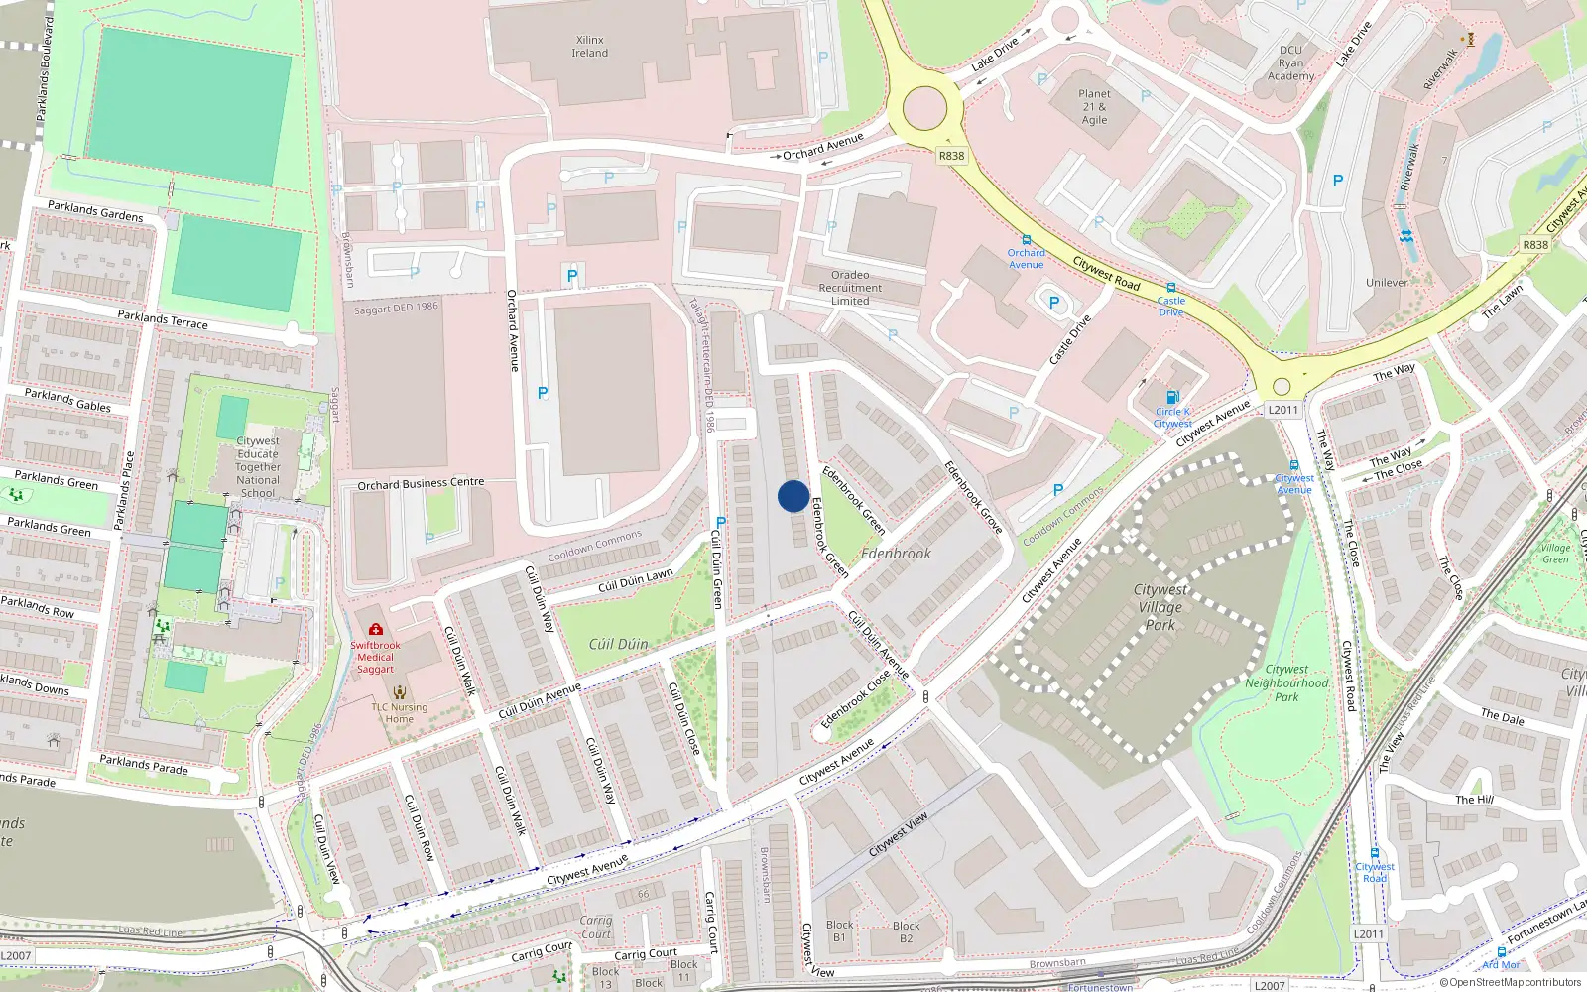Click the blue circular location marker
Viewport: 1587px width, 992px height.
[x=793, y=496]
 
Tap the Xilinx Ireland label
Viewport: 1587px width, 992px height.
[x=589, y=47]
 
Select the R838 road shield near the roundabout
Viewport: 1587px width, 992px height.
[x=951, y=156]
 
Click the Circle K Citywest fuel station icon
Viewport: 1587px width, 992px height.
[x=1172, y=397]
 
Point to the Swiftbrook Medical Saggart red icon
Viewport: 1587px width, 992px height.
[x=375, y=629]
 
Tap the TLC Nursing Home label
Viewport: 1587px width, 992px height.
[x=400, y=712]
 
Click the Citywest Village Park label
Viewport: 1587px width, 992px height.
[x=1160, y=607]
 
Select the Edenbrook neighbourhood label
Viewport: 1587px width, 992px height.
[x=896, y=554]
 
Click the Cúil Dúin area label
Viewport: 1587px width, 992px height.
[x=618, y=644]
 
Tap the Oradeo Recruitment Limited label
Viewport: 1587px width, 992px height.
[x=850, y=288]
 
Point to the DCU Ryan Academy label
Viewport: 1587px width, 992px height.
[x=1290, y=62]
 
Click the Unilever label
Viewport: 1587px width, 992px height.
[x=1386, y=283]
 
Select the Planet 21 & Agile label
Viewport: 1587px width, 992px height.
[x=1094, y=107]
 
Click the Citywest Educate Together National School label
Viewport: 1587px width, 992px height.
[x=258, y=466]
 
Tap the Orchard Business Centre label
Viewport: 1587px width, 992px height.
[x=421, y=484]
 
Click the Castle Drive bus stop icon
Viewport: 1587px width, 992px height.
[x=1171, y=288]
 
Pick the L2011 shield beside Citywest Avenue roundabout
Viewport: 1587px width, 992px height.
[x=1282, y=410]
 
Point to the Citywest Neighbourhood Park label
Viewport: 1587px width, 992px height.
[x=1286, y=682]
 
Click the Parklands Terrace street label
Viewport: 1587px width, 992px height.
[x=163, y=319]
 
